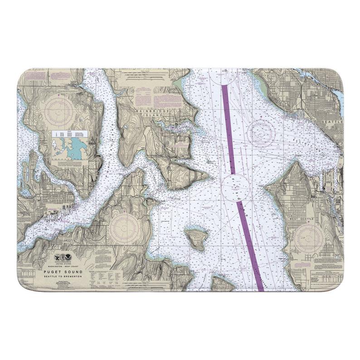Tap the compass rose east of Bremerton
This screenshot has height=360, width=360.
(122, 226)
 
